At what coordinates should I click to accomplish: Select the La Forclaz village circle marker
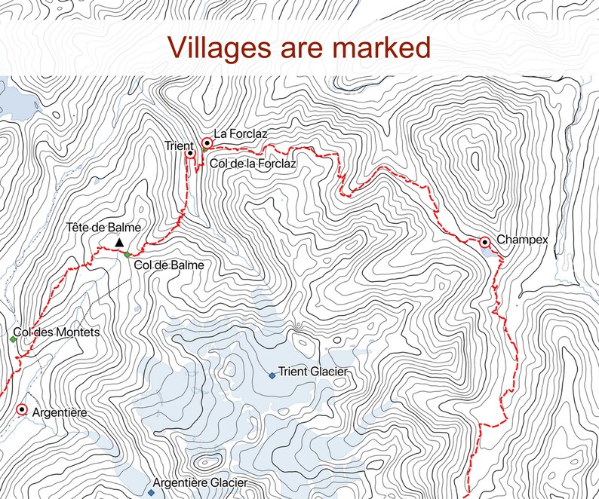tap(207, 142)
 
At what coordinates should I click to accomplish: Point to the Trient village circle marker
tap(190, 153)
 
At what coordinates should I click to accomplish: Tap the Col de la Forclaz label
tap(252, 162)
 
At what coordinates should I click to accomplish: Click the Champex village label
tap(521, 240)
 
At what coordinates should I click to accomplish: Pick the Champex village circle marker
tap(484, 242)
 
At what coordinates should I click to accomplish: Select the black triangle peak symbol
tap(118, 242)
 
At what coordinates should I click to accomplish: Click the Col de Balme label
tap(169, 265)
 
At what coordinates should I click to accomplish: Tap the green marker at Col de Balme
tap(127, 254)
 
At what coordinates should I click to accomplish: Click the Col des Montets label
tap(57, 332)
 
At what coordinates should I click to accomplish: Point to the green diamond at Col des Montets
tap(13, 339)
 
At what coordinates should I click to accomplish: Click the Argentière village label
tap(62, 412)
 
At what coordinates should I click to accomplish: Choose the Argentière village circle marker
tap(22, 410)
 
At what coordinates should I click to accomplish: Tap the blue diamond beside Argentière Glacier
tap(151, 492)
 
